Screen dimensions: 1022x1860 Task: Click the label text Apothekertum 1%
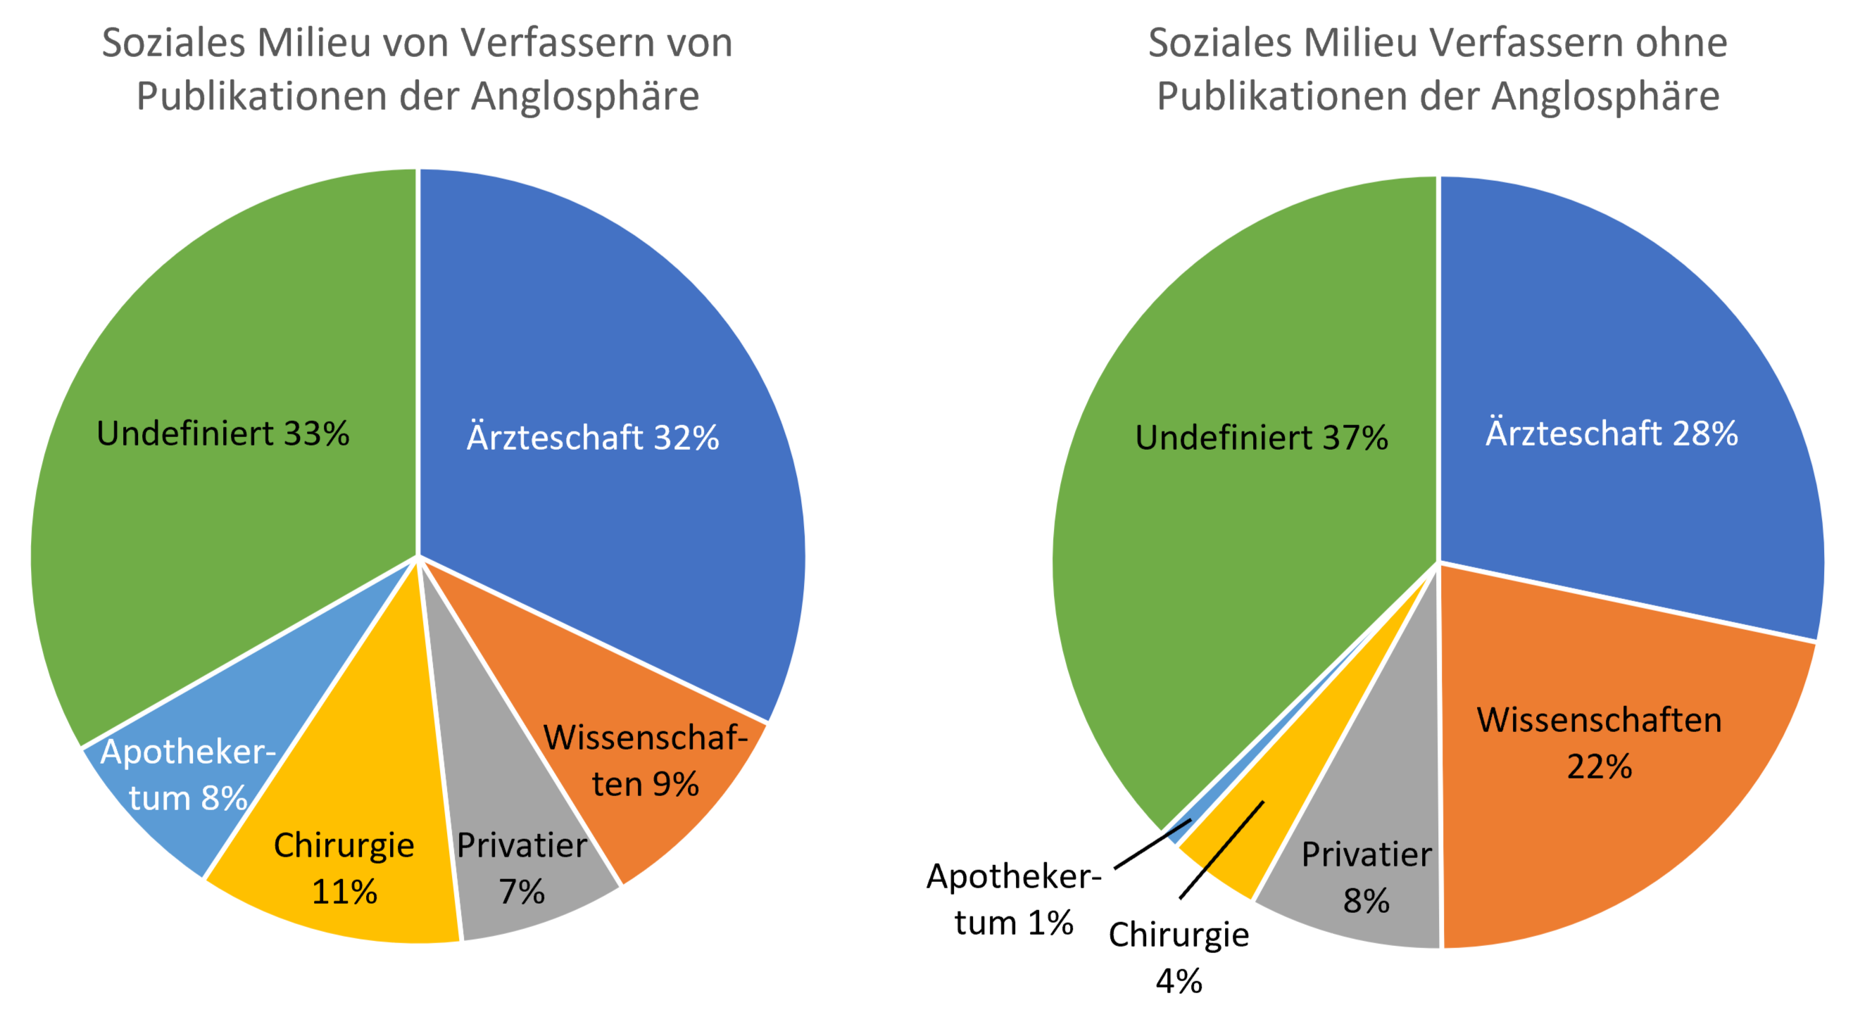click(x=1014, y=900)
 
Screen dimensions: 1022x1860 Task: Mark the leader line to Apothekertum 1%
click(x=1152, y=845)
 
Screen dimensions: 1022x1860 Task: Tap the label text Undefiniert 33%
click(x=223, y=434)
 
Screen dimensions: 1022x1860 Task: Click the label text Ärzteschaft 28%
click(x=1611, y=433)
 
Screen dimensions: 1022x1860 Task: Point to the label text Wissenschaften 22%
click(x=1600, y=743)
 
